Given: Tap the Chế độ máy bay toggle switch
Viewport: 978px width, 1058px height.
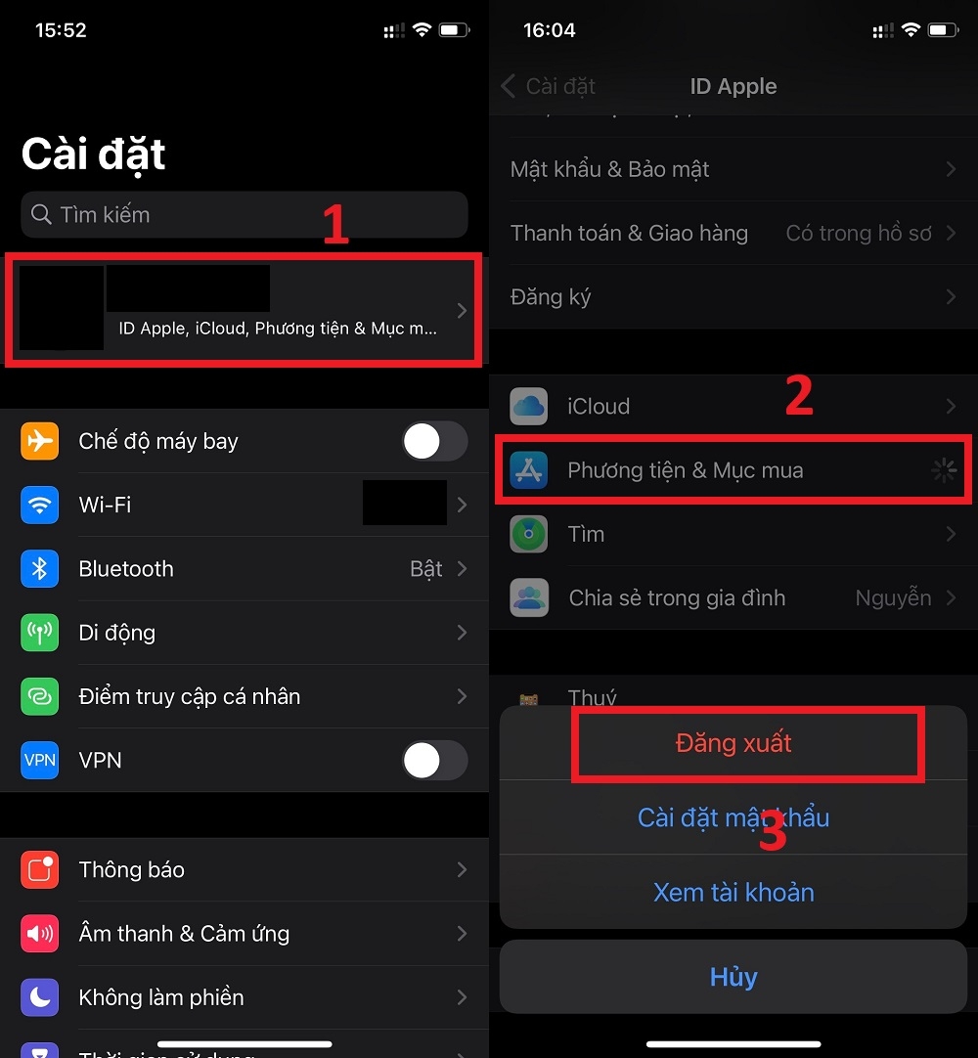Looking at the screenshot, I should (x=434, y=442).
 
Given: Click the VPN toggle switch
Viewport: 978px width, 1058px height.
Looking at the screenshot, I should (x=434, y=761).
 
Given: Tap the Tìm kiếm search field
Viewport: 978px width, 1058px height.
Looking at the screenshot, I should (x=244, y=215).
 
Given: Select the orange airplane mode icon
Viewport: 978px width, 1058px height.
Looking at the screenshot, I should (x=40, y=442).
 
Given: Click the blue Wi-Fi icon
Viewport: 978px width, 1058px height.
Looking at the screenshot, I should (x=40, y=506).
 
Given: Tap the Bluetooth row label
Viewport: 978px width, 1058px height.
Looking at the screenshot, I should (x=126, y=569).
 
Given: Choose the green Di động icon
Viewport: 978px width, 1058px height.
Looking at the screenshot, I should (x=40, y=633).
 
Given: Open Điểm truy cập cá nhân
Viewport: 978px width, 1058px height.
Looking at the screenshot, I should (x=190, y=697).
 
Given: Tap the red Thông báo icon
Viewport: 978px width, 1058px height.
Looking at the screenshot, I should (x=40, y=870).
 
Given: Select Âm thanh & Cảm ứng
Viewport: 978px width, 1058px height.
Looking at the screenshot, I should (x=184, y=934).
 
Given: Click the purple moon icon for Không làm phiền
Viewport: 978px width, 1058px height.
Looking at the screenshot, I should (x=40, y=997).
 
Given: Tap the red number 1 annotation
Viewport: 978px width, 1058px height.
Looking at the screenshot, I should (x=335, y=225).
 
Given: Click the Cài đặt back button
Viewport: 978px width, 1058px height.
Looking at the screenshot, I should (x=549, y=86).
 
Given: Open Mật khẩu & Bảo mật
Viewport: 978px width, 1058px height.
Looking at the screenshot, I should (x=610, y=170).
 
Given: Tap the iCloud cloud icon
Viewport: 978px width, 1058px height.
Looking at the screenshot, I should (x=529, y=407).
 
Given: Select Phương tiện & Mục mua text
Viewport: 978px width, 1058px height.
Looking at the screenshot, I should (x=685, y=470).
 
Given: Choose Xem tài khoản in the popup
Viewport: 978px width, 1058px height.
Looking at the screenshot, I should (x=733, y=892).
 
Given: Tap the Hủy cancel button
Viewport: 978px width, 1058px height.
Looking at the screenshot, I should (x=733, y=977).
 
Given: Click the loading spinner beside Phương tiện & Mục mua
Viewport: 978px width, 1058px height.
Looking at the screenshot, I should (x=944, y=471).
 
